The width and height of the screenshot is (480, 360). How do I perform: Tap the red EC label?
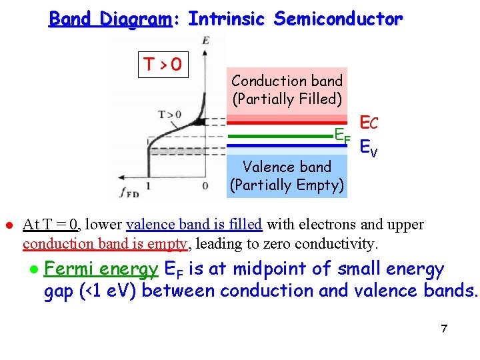click(x=369, y=123)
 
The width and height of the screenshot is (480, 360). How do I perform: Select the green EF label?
click(x=342, y=135)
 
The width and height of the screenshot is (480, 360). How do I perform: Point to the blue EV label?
click(x=368, y=147)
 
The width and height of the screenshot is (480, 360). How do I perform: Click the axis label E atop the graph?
click(x=205, y=41)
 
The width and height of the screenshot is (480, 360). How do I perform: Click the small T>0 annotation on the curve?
click(x=169, y=115)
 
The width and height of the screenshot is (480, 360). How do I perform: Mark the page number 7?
click(x=443, y=329)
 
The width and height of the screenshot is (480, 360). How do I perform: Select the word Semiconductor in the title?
click(x=338, y=19)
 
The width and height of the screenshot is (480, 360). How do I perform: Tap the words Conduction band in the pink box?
click(x=287, y=81)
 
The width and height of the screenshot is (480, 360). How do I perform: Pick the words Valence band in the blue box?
click(x=287, y=167)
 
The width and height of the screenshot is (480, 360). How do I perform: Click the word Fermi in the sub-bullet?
click(x=67, y=269)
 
